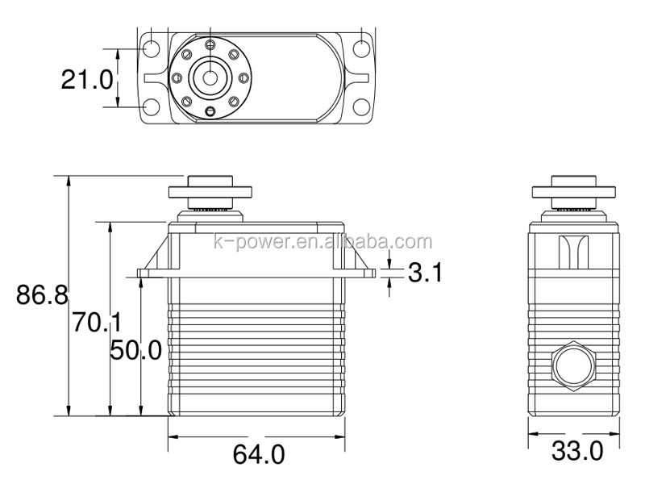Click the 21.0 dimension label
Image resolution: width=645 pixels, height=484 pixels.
87,79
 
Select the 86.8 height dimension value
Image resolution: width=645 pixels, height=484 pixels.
42,294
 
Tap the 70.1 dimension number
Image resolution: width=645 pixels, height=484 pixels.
97,322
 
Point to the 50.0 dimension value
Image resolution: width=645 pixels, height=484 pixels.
135,350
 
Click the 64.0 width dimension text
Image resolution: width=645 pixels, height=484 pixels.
259,454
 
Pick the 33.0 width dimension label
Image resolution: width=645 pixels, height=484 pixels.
577,451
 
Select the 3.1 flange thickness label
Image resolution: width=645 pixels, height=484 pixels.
426,273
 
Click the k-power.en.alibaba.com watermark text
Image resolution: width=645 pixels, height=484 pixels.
323,241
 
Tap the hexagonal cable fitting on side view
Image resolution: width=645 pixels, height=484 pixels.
574,366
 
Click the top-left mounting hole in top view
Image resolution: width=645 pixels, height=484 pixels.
152,48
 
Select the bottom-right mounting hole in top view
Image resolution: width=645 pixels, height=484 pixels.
361,107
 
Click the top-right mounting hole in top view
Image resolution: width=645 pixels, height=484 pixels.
361,48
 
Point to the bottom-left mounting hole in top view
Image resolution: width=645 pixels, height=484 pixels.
152,107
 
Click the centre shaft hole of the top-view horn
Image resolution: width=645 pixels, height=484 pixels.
210,77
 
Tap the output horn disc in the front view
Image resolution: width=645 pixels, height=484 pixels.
210,192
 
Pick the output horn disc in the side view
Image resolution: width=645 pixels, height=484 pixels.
574,192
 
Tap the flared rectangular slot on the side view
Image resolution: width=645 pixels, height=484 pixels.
574,252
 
